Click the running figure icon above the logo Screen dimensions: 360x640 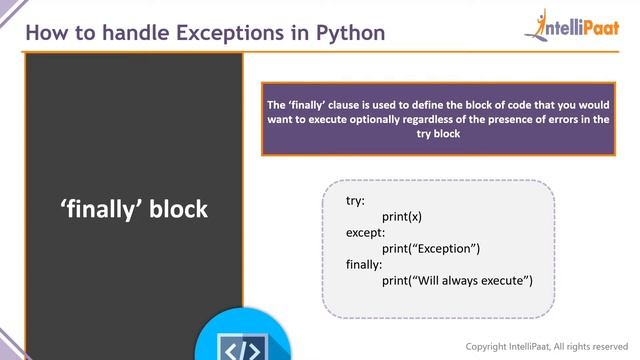coord(544,22)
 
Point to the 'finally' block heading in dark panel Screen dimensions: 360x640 coord(134,209)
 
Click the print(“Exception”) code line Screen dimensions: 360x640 coord(431,248)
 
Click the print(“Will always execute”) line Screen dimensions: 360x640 coord(457,280)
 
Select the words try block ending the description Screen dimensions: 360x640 coord(437,135)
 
